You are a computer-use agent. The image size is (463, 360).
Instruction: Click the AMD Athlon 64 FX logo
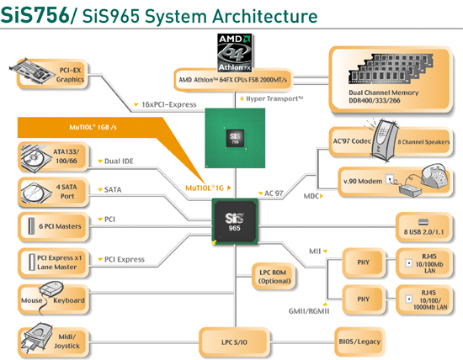(235, 53)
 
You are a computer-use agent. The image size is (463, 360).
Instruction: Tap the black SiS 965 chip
(235, 221)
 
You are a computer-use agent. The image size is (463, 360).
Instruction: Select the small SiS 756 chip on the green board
(235, 138)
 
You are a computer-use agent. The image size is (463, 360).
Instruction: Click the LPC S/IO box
(235, 342)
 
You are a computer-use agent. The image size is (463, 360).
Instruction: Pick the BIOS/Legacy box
(359, 341)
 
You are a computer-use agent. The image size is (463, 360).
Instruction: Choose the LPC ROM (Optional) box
(274, 277)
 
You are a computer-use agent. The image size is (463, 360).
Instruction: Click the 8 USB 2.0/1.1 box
(424, 227)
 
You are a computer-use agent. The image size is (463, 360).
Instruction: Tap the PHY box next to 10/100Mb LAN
(364, 262)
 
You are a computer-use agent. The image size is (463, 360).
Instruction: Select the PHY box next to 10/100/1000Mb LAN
(364, 299)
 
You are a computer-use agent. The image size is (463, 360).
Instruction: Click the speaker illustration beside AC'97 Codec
(383, 140)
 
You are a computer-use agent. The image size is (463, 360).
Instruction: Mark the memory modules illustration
(391, 69)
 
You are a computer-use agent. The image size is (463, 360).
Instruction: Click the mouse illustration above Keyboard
(51, 289)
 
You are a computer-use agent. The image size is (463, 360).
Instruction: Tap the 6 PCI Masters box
(53, 226)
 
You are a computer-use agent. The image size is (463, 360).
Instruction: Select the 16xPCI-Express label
(169, 104)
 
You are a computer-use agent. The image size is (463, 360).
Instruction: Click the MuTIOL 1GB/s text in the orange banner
(93, 127)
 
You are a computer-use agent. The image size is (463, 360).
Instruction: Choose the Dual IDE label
(119, 161)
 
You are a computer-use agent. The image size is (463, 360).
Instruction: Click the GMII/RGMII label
(309, 311)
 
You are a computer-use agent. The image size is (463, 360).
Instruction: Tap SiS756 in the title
(35, 15)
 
